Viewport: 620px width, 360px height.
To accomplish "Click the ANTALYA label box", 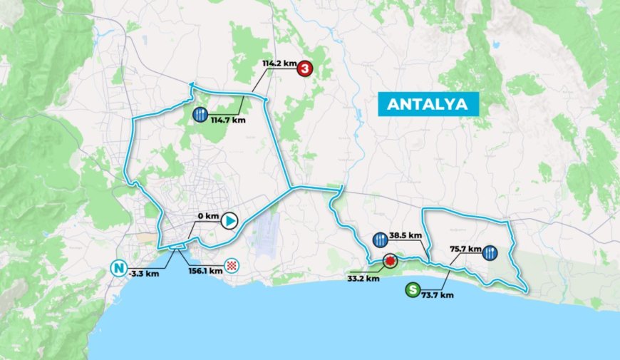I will coord(428,103).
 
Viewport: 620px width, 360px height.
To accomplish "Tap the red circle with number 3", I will coord(305,69).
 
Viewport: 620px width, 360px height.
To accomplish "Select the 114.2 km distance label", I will coord(279,63).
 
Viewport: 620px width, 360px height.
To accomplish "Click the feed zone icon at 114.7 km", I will coord(200,114).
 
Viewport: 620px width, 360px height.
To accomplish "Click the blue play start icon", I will coord(229,221).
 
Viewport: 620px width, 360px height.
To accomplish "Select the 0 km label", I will coord(207,215).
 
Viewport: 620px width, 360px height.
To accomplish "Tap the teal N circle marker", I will coord(118,269).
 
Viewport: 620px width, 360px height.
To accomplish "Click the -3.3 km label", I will coord(145,273).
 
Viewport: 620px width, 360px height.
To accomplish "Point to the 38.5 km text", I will coord(406,235).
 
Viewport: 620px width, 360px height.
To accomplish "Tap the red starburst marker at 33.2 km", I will coord(389,262).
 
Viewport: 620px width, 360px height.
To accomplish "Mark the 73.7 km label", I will coord(438,294).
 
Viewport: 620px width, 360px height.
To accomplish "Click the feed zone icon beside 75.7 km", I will coord(490,252).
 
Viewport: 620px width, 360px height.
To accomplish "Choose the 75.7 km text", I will coord(463,250).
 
